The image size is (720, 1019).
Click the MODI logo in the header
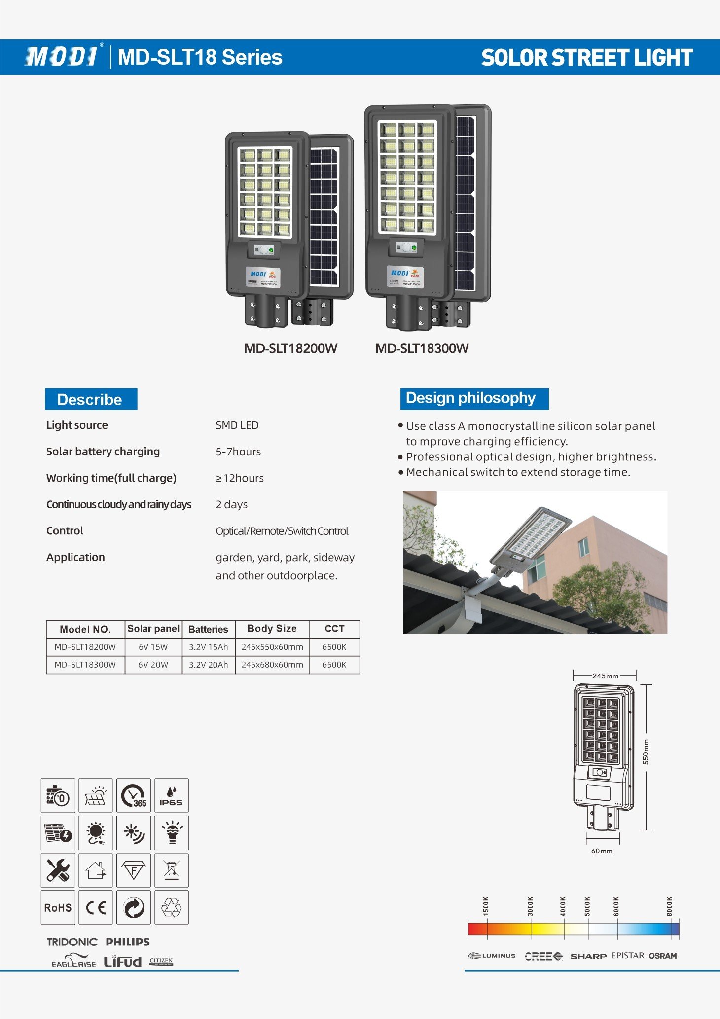[x=62, y=57]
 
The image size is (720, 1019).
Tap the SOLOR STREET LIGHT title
[x=587, y=58]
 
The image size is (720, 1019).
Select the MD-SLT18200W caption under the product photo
[x=290, y=349]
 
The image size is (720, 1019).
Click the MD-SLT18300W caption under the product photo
[x=422, y=349]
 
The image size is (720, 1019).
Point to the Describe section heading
[x=90, y=399]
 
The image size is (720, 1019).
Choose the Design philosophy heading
[x=470, y=398]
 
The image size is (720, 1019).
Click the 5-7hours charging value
[x=238, y=452]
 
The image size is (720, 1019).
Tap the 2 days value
[x=231, y=504]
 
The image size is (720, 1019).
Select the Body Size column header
[x=272, y=629]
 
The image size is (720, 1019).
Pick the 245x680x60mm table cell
[x=272, y=665]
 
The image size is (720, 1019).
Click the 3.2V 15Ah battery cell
[x=208, y=647]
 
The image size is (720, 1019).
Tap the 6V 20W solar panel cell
[x=153, y=665]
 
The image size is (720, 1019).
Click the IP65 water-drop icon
[x=171, y=795]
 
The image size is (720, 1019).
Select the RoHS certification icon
[x=58, y=907]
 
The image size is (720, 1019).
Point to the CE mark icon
[x=96, y=907]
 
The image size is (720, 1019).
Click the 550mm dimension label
[x=646, y=752]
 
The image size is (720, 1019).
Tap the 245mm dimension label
[x=605, y=676]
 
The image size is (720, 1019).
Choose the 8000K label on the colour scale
[x=669, y=906]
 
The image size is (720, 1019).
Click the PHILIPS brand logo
[x=128, y=942]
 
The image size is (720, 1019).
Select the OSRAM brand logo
[x=663, y=956]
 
